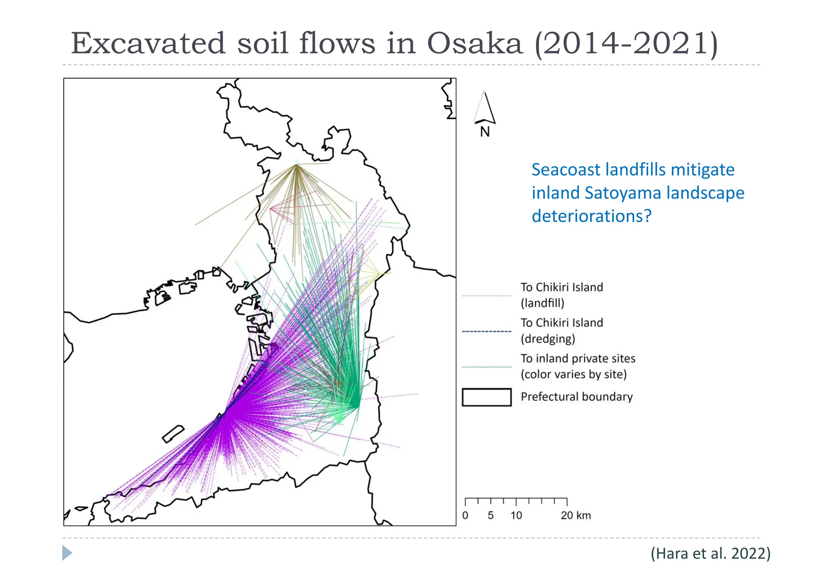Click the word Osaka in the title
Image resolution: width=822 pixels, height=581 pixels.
pyautogui.click(x=474, y=43)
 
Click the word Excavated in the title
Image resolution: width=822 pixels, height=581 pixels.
pyautogui.click(x=148, y=43)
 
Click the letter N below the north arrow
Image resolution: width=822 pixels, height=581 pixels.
pyautogui.click(x=485, y=132)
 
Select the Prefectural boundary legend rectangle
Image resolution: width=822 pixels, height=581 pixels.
pyautogui.click(x=486, y=397)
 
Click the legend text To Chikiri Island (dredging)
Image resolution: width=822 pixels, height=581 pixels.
pyautogui.click(x=562, y=331)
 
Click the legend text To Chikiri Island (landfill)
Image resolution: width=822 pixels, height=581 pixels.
pyautogui.click(x=562, y=295)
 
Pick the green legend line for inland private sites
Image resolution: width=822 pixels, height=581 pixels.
pyautogui.click(x=486, y=367)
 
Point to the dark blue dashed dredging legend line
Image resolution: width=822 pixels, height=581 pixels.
pyautogui.click(x=486, y=331)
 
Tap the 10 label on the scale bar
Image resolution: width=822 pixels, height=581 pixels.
pyautogui.click(x=516, y=516)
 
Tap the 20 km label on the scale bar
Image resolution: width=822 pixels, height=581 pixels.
pyautogui.click(x=576, y=516)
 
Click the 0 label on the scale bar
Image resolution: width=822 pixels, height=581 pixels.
pyautogui.click(x=465, y=516)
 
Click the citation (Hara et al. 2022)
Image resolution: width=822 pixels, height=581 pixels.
pyautogui.click(x=710, y=553)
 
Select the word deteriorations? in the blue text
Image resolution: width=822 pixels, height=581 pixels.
pyautogui.click(x=591, y=216)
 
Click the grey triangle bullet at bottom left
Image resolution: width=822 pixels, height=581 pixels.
pyautogui.click(x=67, y=553)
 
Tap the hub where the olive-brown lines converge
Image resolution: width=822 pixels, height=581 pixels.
pyautogui.click(x=296, y=165)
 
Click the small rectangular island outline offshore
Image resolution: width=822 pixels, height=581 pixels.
pyautogui.click(x=173, y=434)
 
